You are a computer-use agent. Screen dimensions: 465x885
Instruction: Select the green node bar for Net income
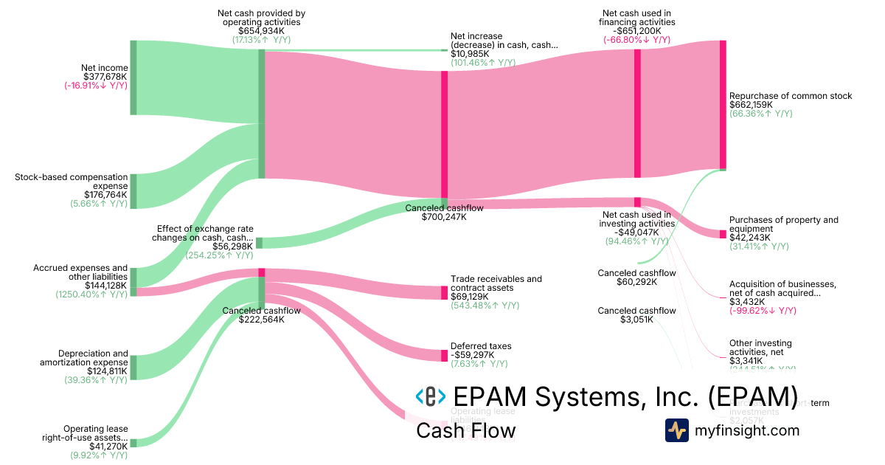pos(133,77)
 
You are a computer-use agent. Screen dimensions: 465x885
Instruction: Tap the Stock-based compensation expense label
pos(72,182)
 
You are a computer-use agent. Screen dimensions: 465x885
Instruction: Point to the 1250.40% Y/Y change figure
pos(91,294)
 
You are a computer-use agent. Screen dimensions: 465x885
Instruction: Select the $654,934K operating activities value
pos(261,31)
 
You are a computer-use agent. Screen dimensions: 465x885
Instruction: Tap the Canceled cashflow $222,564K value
pos(261,320)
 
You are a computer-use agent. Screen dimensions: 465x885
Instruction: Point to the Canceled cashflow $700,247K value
pos(444,217)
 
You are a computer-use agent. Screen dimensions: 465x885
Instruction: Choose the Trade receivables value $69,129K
pos(472,297)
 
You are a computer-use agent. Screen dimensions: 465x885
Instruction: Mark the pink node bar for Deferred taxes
pos(444,355)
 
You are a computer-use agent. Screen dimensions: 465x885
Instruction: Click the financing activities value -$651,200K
pos(636,31)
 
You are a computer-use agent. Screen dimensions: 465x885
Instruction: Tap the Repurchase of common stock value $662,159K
pos(751,105)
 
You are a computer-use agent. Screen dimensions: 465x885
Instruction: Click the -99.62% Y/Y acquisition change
pos(763,311)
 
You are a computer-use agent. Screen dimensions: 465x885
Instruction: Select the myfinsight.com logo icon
pos(676,430)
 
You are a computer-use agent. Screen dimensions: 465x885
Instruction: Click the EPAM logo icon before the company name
pos(430,396)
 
